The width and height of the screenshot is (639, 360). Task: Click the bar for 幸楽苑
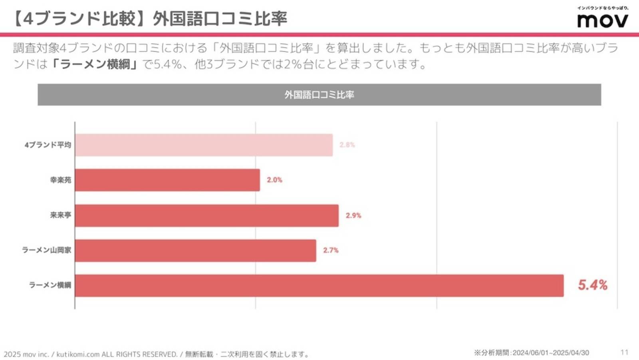click(167, 180)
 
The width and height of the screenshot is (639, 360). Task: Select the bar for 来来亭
click(206, 215)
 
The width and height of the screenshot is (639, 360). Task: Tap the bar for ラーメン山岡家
click(195, 251)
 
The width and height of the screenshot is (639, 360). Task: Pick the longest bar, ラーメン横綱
click(319, 285)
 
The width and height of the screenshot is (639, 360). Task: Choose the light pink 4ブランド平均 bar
click(204, 145)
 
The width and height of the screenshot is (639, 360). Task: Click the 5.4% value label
click(593, 285)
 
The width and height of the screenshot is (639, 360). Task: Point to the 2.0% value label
click(274, 180)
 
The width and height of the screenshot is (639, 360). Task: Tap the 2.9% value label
click(353, 215)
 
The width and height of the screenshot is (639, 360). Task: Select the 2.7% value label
click(331, 250)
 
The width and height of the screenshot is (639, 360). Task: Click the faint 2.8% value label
click(347, 145)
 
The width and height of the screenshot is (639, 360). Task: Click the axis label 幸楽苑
click(60, 180)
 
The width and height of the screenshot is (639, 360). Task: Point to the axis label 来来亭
click(60, 215)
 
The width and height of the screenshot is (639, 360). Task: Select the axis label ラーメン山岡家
click(46, 250)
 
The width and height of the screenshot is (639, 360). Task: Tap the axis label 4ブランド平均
click(48, 145)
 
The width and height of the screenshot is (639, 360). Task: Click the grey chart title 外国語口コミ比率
click(319, 95)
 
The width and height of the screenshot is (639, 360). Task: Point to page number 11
click(624, 352)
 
